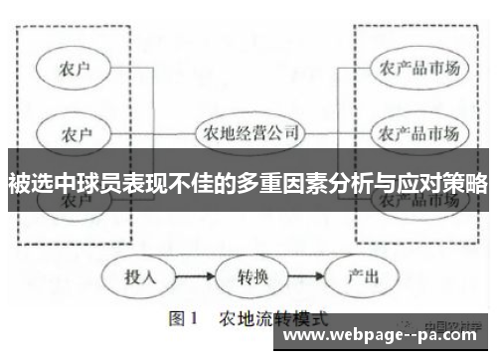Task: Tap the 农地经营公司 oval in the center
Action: point(249,131)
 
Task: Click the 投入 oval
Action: point(139,275)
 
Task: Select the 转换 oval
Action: point(249,275)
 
